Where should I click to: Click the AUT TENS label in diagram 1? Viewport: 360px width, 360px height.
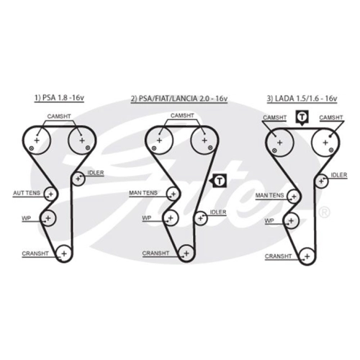(x=27, y=193)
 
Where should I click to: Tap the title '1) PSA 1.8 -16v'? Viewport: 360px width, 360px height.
(x=59, y=98)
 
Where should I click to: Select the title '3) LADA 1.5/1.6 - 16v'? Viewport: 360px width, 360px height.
(x=302, y=99)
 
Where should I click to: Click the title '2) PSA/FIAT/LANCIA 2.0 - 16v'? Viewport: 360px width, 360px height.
(x=179, y=99)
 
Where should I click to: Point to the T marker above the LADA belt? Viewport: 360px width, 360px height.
(x=302, y=118)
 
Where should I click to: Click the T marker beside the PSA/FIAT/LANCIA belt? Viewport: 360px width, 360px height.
(x=218, y=181)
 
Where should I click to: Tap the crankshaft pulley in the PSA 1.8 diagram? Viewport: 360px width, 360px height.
(x=64, y=253)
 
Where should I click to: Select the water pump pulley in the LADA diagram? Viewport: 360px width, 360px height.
(x=291, y=221)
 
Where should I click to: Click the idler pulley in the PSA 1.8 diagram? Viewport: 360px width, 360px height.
(x=78, y=179)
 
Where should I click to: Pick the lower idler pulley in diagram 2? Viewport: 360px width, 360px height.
(x=201, y=218)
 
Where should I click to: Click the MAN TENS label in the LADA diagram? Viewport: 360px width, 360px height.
(x=269, y=196)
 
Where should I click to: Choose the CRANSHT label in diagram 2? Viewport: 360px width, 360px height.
(x=156, y=253)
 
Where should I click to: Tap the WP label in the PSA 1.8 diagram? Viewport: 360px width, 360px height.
(x=26, y=218)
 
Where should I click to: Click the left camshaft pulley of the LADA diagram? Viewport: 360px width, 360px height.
(x=280, y=143)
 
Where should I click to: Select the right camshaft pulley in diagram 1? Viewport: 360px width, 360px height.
(x=82, y=140)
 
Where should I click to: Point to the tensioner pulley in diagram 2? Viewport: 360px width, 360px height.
(x=174, y=194)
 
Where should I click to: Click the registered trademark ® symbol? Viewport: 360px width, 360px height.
(x=324, y=212)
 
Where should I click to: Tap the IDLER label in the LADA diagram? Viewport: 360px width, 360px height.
(x=339, y=175)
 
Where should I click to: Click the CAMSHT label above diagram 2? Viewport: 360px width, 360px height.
(x=182, y=116)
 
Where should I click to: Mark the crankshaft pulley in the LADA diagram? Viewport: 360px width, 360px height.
(x=307, y=256)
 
